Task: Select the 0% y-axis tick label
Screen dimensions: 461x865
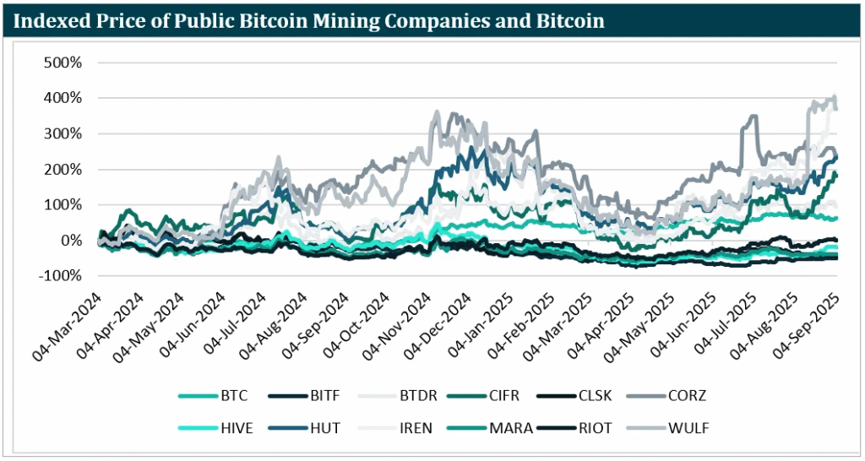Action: point(72,241)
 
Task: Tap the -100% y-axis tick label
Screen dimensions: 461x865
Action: point(62,276)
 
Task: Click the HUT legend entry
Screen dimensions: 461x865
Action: point(325,428)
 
